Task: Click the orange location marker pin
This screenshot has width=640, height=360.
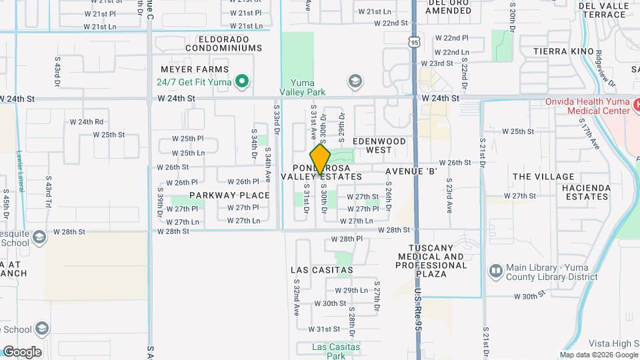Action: point(321,159)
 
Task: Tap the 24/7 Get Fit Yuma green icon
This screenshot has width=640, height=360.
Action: point(243,83)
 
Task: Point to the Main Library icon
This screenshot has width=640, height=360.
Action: point(495,271)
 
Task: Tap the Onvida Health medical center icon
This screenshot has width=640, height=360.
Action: point(636,105)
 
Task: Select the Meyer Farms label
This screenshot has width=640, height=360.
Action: point(195,69)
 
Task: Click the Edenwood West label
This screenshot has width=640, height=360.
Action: point(379,146)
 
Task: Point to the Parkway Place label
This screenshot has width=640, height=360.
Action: point(229,195)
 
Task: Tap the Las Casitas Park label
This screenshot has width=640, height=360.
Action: point(337,351)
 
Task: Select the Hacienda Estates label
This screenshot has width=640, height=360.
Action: point(585,192)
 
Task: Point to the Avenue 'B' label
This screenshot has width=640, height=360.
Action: point(411,172)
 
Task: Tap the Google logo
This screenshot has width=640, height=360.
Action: point(22,352)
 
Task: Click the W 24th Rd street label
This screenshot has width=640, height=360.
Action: point(87,122)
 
